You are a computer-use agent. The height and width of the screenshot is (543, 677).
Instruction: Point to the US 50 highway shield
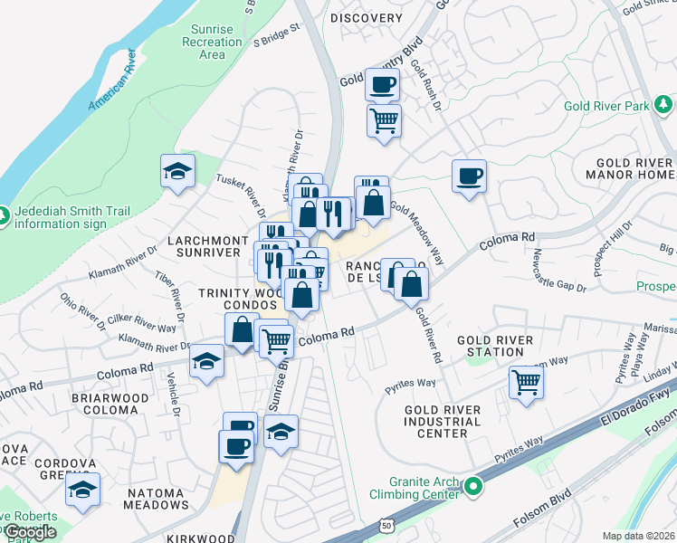[x=386, y=524]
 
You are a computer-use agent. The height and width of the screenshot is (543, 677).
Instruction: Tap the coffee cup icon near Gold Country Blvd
[x=381, y=85]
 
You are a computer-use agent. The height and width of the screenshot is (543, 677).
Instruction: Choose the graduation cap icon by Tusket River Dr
[x=177, y=169]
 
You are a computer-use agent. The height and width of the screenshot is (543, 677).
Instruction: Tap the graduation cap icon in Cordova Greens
[x=83, y=489]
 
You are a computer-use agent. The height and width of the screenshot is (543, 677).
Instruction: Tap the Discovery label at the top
[x=366, y=18]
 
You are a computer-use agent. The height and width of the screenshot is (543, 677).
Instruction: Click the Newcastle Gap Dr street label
[x=559, y=270]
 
